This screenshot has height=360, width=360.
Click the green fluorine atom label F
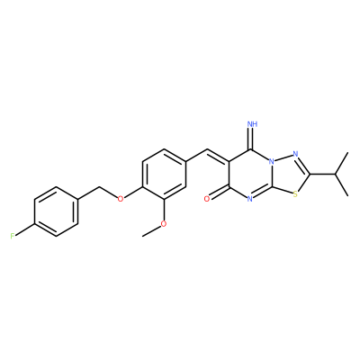tap(13, 236)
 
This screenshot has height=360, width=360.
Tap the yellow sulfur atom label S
tap(295, 194)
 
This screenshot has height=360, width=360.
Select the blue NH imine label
tap(254, 124)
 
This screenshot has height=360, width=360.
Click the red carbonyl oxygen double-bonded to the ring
tap(206, 199)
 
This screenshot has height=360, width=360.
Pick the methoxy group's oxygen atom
tap(164, 224)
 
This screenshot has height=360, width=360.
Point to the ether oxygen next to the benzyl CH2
tap(121, 199)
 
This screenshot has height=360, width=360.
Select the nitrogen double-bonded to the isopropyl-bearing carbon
tap(295, 154)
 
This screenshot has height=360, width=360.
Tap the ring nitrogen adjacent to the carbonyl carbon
tap(250, 199)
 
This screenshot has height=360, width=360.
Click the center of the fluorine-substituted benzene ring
tap(57, 211)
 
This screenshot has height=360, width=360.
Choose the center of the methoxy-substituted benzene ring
tap(164, 174)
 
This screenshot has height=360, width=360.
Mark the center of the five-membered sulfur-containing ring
tap(289, 175)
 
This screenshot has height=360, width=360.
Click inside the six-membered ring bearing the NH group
tap(250, 174)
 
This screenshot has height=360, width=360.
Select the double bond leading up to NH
tap(252, 139)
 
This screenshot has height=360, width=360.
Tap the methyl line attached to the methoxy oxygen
tap(152, 230)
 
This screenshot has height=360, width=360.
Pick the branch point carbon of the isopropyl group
tap(335, 174)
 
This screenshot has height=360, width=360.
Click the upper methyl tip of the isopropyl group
tap(348, 153)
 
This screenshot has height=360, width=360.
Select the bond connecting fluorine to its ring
tap(25, 229)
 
